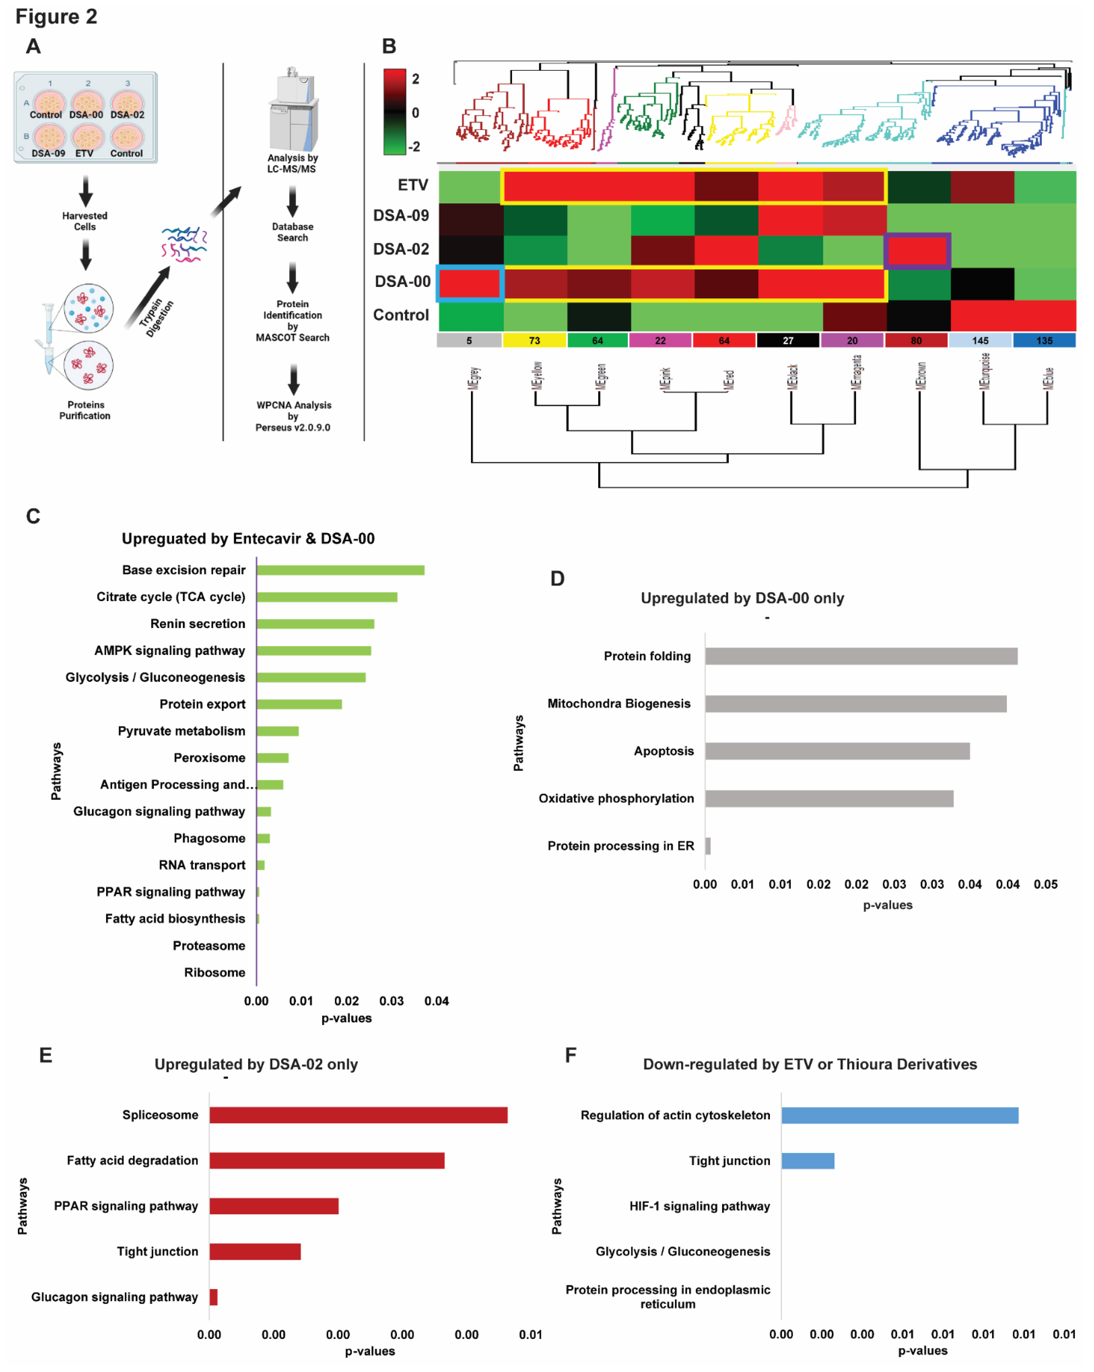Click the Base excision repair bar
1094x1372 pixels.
click(340, 570)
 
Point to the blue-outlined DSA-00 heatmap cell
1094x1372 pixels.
click(470, 283)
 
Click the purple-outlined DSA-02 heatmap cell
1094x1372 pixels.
click(917, 250)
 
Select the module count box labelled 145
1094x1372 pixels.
click(980, 340)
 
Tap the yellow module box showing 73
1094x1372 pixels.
click(534, 340)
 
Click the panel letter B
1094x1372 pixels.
click(389, 46)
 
